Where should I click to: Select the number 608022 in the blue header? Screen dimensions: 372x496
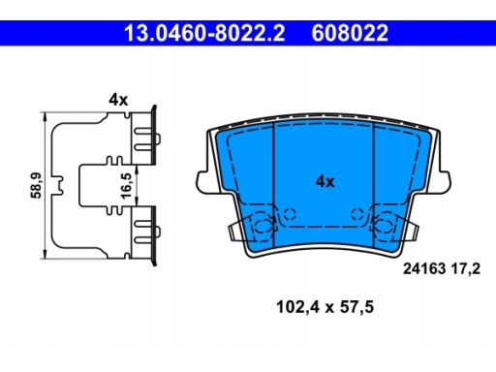[349, 33]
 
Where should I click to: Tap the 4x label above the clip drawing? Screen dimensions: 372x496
[118, 98]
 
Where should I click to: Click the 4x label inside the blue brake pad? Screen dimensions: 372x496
[325, 181]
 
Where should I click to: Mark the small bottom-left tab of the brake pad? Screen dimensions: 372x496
[235, 233]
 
